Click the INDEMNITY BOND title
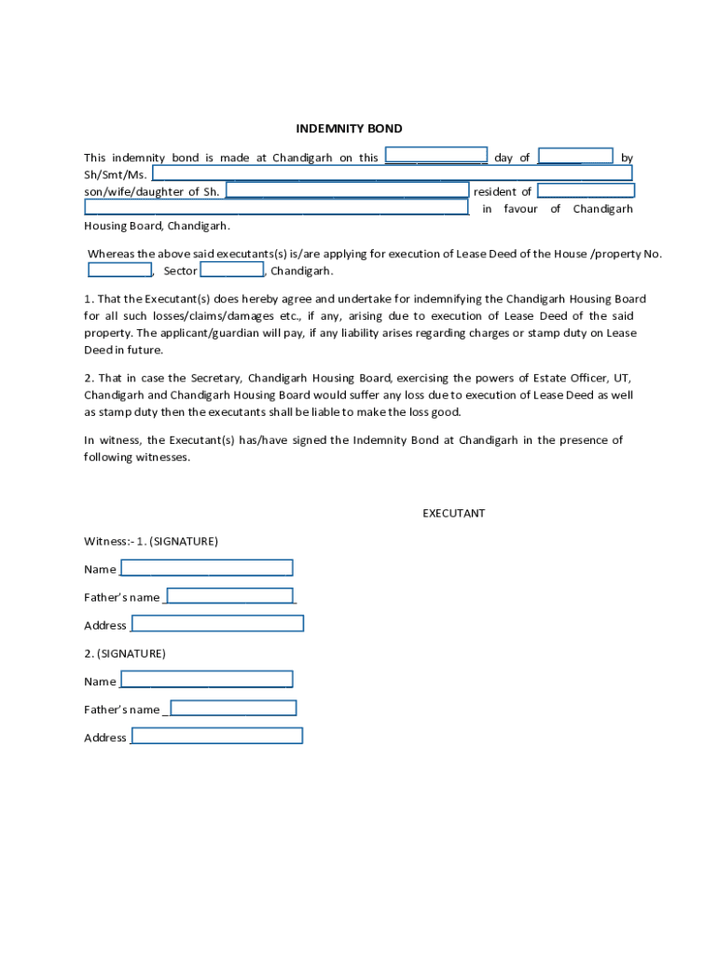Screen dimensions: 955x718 [349, 129]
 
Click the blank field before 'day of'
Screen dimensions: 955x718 [436, 156]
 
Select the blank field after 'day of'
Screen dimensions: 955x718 [575, 156]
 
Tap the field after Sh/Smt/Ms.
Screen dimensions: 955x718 [392, 173]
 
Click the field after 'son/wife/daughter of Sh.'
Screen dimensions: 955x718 [347, 190]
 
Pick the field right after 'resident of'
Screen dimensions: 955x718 [586, 190]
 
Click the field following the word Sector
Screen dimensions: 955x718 [232, 270]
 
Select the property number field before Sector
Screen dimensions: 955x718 [120, 270]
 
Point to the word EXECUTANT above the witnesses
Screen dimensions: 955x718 [453, 513]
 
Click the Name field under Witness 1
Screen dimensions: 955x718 [206, 568]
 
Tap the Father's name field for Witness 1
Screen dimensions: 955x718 [230, 596]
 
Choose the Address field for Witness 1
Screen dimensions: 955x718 [218, 624]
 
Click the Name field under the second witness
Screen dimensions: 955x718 [206, 680]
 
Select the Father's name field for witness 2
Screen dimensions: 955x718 [233, 708]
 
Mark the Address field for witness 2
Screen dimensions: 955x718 [217, 736]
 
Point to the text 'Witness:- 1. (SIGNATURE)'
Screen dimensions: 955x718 [151, 541]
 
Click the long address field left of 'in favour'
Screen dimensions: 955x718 [276, 207]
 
